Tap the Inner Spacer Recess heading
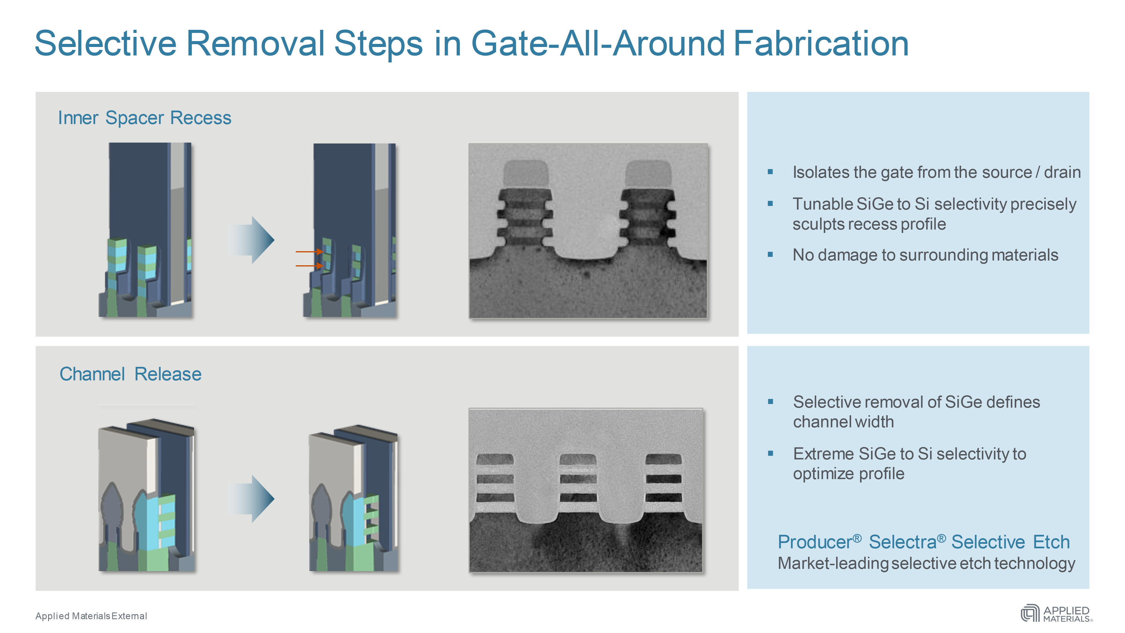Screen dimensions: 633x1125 point(145,118)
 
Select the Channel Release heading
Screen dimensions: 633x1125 point(130,374)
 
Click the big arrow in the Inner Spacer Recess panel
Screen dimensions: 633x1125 point(253,240)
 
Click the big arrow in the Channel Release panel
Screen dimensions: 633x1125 point(253,499)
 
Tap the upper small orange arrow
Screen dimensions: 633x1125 point(309,252)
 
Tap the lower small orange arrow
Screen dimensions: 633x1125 point(309,266)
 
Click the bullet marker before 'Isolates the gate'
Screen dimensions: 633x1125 point(770,172)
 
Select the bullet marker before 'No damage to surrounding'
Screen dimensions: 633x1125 point(770,255)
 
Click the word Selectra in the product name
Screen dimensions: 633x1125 point(903,542)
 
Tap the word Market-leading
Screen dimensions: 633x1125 point(832,564)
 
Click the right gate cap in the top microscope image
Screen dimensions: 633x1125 point(648,173)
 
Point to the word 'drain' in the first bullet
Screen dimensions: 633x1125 point(1062,172)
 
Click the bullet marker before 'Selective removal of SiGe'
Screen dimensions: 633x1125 point(770,401)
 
